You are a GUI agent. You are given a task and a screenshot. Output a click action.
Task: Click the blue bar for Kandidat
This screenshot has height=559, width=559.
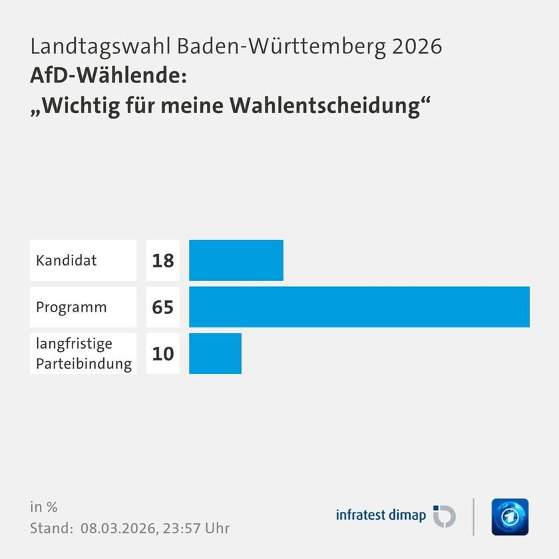point(236,260)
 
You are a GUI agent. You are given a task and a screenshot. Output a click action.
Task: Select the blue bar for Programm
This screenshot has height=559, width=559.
point(359,307)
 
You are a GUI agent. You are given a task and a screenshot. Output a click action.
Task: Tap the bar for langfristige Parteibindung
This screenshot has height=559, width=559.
point(215,353)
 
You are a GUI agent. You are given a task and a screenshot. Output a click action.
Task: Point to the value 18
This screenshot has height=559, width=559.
point(162,260)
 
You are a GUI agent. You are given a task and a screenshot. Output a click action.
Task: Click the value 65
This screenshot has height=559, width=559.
point(162,307)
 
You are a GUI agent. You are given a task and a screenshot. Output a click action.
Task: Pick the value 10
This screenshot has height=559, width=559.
point(162,353)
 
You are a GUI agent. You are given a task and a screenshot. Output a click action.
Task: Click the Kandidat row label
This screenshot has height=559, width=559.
point(67,260)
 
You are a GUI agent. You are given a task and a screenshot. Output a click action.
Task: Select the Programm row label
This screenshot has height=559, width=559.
point(71,307)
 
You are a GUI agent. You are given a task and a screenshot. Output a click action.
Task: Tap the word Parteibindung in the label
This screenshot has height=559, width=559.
point(84,364)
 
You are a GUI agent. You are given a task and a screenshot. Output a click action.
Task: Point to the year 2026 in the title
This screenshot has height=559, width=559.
point(417,47)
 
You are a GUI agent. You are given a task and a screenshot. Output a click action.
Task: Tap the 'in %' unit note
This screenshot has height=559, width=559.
point(44,507)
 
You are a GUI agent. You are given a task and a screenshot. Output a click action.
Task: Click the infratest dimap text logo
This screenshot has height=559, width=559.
point(381,516)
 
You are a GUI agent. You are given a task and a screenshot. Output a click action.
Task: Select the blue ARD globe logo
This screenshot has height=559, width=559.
point(510,516)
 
